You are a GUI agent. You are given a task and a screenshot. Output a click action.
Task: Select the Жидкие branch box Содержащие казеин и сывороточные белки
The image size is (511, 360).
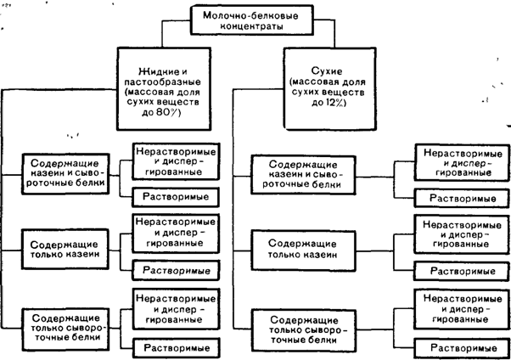click(x=66, y=171)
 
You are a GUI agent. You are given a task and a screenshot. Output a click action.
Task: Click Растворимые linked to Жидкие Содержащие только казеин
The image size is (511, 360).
click(x=175, y=270)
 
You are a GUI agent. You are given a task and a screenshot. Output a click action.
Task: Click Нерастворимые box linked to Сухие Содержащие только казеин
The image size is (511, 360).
click(x=458, y=233)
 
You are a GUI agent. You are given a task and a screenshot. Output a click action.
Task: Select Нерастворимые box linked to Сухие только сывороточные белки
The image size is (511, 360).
click(x=458, y=307)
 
